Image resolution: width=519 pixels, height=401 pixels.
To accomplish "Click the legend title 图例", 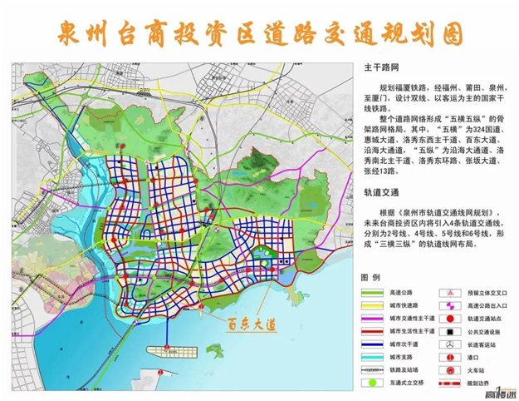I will [x=370, y=276].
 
